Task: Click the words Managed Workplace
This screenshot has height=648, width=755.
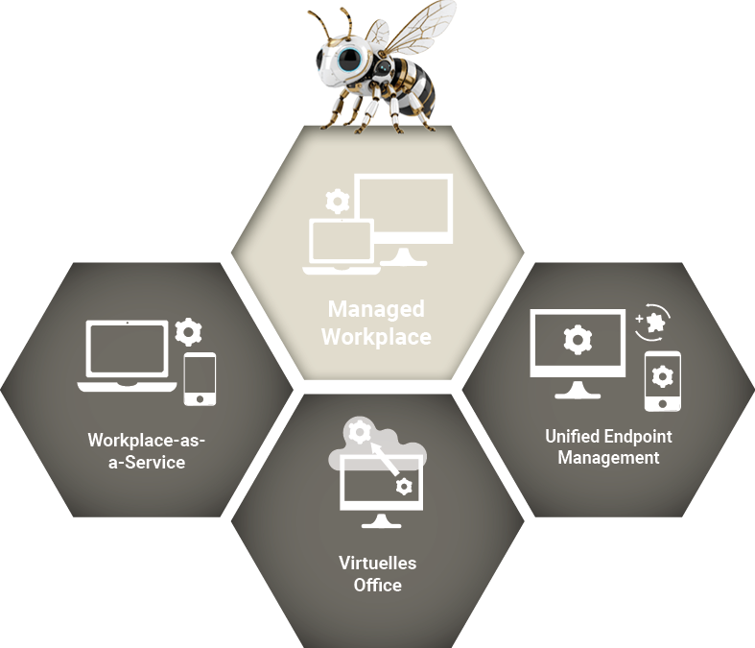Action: tap(376, 324)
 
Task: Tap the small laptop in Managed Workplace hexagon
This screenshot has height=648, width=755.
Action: tap(339, 248)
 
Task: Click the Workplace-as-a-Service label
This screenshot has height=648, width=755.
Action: tap(148, 451)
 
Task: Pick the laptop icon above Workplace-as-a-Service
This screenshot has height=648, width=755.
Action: tap(128, 354)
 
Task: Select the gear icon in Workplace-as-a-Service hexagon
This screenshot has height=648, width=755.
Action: tap(190, 332)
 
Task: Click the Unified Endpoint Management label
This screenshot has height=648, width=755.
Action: tap(608, 447)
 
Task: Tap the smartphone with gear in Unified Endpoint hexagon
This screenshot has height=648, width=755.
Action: tap(662, 380)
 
